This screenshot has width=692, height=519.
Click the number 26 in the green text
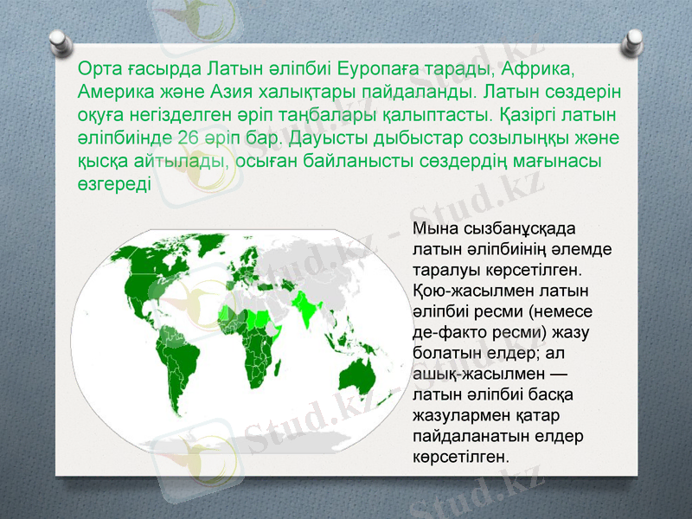point(189,138)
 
